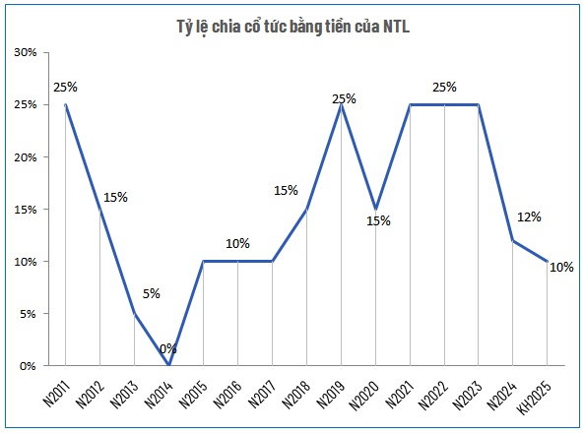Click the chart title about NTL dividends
click(292, 27)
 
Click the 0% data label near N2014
click(168, 348)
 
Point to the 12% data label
click(529, 216)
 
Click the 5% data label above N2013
click(151, 292)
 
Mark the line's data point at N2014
click(168, 365)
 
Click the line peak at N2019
click(341, 104)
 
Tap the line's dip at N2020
click(375, 209)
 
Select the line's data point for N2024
click(513, 240)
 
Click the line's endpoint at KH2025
click(548, 261)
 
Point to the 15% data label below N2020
click(378, 221)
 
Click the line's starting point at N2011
click(65, 104)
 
